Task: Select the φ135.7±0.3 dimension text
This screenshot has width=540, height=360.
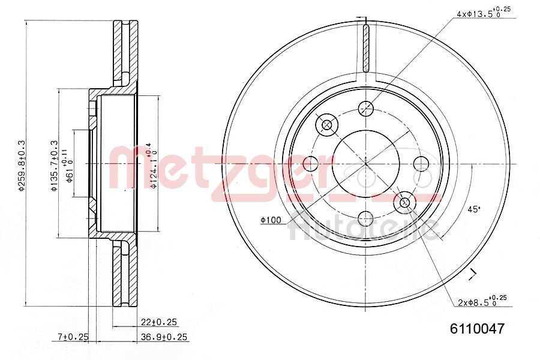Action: coord(53,165)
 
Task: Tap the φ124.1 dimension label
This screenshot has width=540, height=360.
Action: coord(154,164)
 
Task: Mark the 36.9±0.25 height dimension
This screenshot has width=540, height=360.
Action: coord(164,337)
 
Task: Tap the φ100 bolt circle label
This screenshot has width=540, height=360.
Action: coord(271,220)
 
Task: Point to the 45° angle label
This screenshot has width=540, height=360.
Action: coord(473,209)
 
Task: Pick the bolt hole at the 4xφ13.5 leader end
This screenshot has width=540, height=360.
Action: coord(365,109)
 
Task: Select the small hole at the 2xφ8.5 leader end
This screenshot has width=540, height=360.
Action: coord(405,203)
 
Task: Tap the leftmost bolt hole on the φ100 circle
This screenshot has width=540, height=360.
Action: coord(311,163)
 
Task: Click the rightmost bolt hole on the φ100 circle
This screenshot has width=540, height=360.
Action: coord(421,163)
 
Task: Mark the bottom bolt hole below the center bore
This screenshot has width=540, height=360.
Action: coord(365,218)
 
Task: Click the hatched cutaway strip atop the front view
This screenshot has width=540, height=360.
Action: coord(365,48)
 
